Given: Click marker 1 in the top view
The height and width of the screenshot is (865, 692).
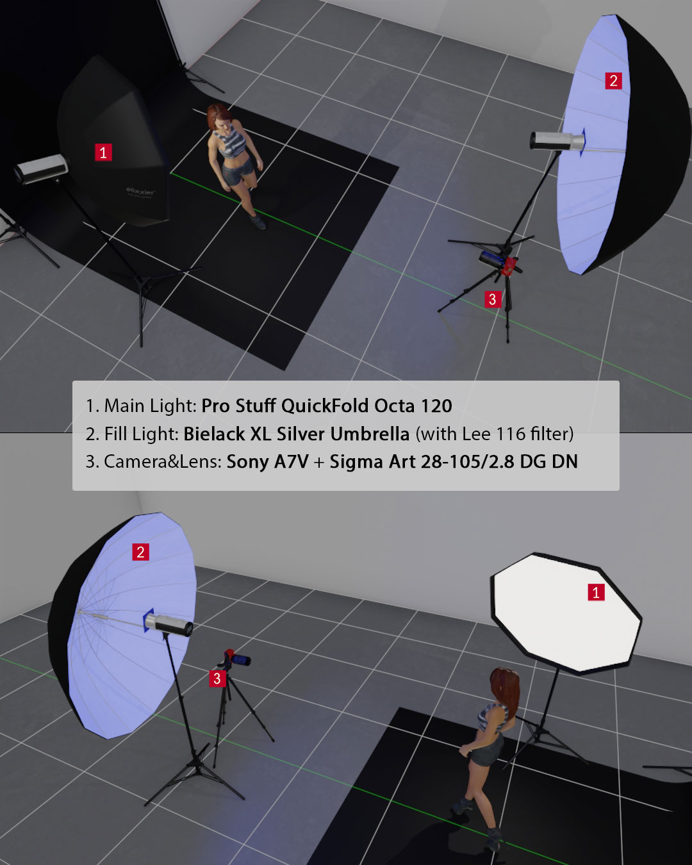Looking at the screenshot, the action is click(x=103, y=152).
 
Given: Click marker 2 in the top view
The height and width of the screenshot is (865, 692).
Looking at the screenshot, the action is click(x=614, y=81).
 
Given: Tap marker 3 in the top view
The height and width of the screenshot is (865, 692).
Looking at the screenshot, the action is click(x=493, y=299).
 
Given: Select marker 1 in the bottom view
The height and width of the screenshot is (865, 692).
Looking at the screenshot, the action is click(x=597, y=592).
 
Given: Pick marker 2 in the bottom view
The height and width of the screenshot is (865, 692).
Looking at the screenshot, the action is click(x=141, y=552).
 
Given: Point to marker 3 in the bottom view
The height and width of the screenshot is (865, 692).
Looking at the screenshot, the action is click(x=217, y=679).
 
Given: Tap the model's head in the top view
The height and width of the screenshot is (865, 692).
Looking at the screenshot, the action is click(x=218, y=115).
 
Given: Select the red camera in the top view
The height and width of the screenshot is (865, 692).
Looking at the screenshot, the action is click(x=499, y=263).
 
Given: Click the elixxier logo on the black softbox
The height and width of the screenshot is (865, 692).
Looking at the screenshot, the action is click(x=140, y=191).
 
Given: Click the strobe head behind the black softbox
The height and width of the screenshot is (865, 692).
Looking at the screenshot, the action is click(x=40, y=169).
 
